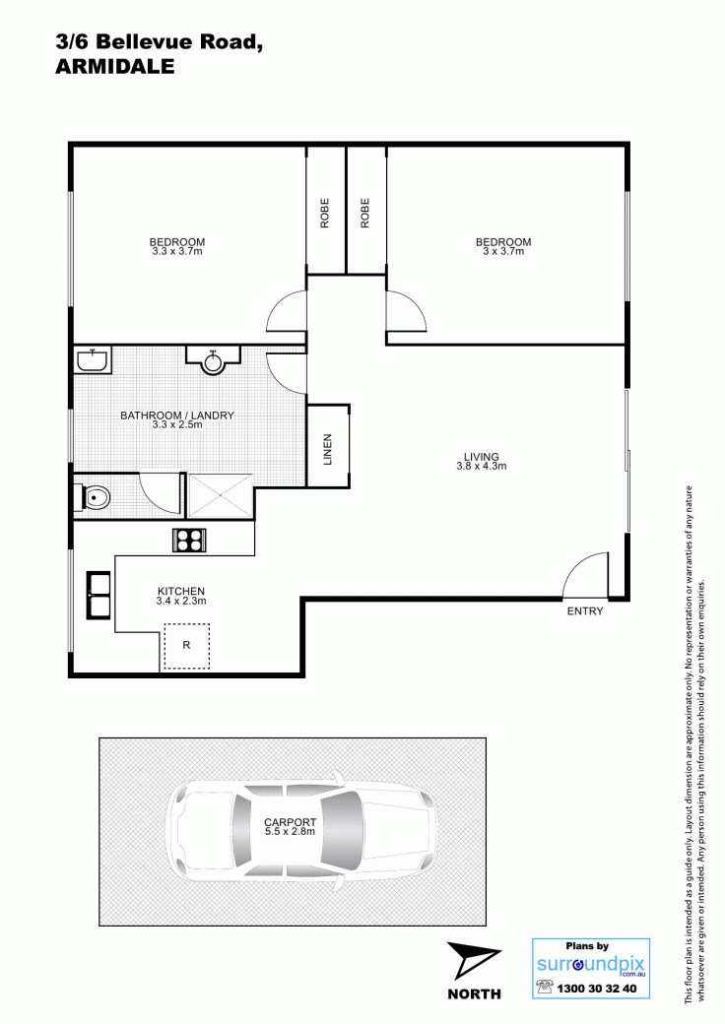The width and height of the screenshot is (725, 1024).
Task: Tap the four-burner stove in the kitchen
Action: click(190, 541)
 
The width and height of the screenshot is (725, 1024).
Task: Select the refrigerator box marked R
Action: click(186, 646)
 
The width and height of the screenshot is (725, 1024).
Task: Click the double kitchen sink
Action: click(99, 595)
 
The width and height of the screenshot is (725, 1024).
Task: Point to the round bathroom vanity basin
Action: click(213, 360)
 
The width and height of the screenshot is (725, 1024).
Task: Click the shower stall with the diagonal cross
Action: click(220, 495)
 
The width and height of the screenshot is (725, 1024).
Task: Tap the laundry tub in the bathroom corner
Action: click(93, 359)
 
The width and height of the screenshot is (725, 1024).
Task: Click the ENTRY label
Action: click(584, 611)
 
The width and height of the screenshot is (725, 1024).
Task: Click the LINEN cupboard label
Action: click(328, 449)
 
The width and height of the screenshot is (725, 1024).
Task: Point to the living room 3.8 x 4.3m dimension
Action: click(482, 467)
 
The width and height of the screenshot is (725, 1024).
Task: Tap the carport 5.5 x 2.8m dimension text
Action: click(290, 832)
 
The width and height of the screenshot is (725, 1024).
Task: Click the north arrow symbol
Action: click(472, 961)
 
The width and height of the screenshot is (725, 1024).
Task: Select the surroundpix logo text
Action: click(590, 965)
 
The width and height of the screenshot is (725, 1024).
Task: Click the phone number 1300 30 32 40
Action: click(596, 989)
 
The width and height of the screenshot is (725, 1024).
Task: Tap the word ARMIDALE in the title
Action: click(115, 67)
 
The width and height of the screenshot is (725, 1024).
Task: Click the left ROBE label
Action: click(325, 213)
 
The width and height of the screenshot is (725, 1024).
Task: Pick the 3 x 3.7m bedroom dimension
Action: click(503, 251)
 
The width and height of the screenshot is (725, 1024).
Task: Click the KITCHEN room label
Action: click(181, 591)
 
